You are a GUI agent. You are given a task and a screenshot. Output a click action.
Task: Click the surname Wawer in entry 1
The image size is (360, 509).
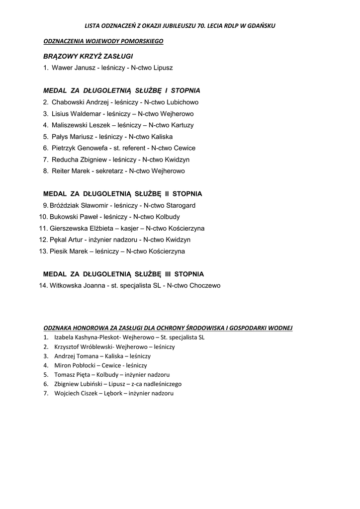[x=61, y=68]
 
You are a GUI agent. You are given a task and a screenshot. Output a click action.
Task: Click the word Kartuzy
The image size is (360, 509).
[x=182, y=125]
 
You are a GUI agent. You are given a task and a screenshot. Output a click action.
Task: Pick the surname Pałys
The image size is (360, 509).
[x=60, y=137]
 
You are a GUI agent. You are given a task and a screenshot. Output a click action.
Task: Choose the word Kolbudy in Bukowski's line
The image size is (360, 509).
[x=168, y=217]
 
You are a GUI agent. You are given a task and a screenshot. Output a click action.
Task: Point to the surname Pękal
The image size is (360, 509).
[x=59, y=240]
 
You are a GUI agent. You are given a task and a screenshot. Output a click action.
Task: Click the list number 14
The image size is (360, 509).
[x=43, y=286]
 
